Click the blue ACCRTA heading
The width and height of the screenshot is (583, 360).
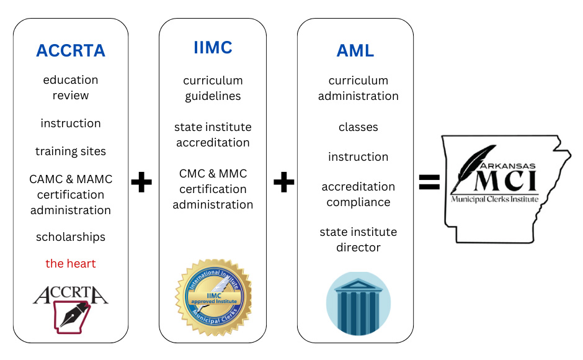click(71, 51)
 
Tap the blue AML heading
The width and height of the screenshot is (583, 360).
click(355, 51)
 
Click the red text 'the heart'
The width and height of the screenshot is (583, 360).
click(71, 264)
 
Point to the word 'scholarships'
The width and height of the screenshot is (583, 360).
click(71, 237)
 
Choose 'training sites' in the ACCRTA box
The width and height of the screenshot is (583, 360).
click(71, 151)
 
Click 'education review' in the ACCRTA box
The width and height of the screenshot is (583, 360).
click(71, 88)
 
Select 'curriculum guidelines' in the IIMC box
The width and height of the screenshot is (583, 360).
click(213, 88)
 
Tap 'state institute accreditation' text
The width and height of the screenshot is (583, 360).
click(213, 135)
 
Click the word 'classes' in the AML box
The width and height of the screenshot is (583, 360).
click(358, 127)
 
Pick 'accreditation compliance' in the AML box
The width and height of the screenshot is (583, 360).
click(358, 194)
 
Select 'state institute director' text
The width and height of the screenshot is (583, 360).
click(358, 240)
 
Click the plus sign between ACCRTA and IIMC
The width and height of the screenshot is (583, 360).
click(142, 182)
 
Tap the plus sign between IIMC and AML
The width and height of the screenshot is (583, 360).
click(283, 182)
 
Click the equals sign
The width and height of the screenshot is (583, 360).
click(429, 181)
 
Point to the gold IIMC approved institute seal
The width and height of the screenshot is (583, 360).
click(213, 295)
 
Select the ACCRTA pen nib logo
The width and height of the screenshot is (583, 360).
click(71, 309)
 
